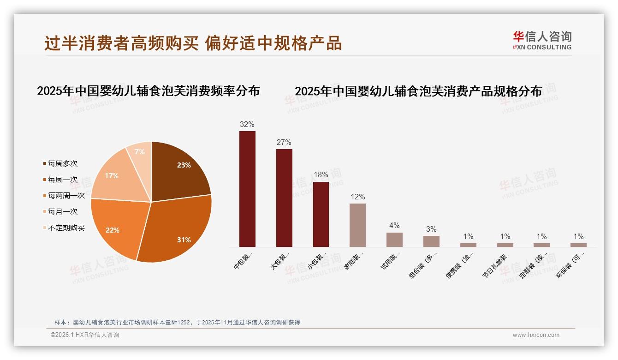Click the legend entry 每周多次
[x=62, y=164]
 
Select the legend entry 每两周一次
[x=66, y=196]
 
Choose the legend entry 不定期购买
[x=66, y=228]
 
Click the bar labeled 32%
[x=247, y=189]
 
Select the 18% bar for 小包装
[x=321, y=214]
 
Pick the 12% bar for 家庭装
[x=357, y=225]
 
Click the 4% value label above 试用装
[x=394, y=226]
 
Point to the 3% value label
[x=431, y=229]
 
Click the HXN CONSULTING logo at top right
[x=542, y=41]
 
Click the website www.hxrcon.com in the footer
[x=536, y=335]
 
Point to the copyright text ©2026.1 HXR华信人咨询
[x=85, y=335]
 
